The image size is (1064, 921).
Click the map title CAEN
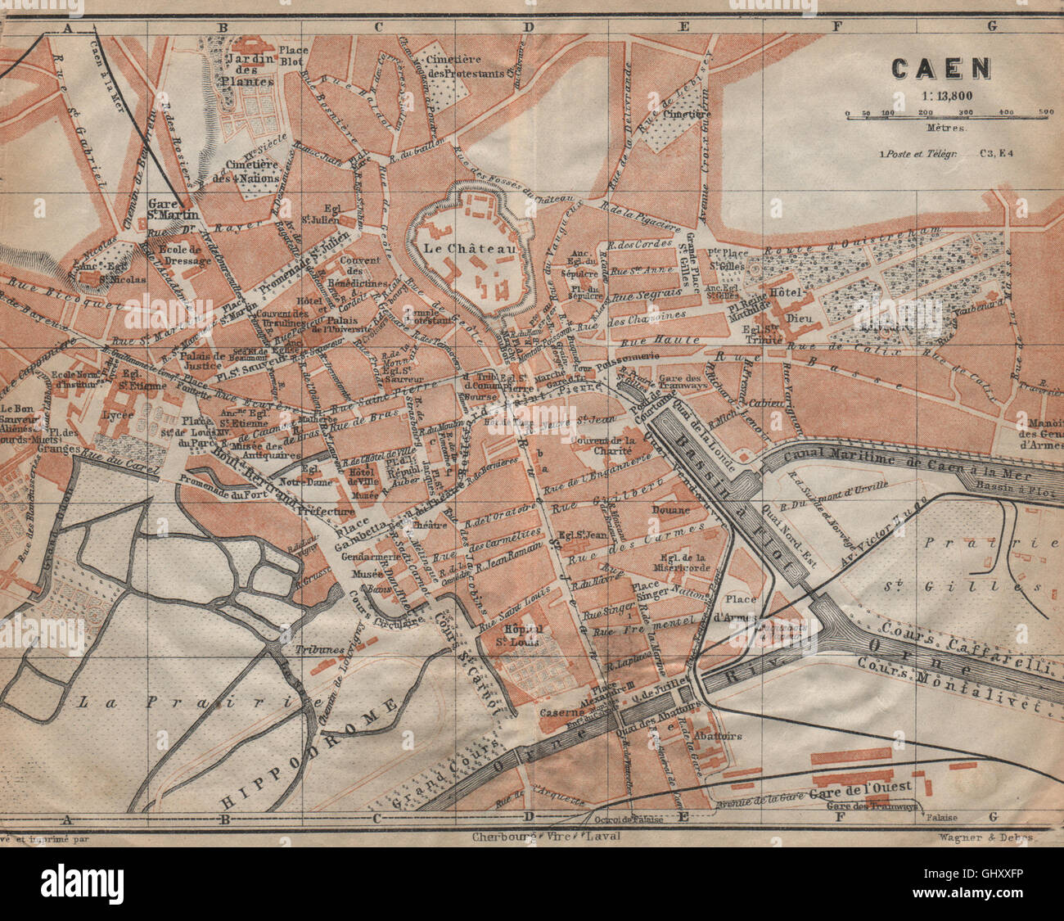point(940,68)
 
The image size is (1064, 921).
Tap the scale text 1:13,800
point(940,95)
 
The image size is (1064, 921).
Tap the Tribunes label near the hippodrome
point(320,649)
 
